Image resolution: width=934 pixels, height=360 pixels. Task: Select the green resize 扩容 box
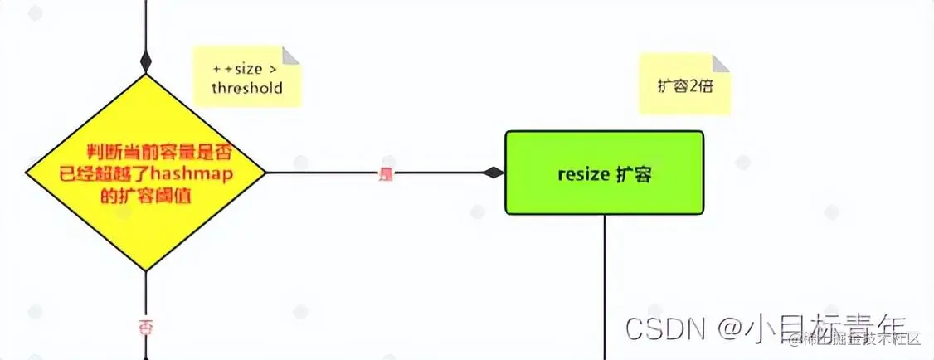[x=604, y=173]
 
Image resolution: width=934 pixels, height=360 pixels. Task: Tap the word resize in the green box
[x=582, y=174]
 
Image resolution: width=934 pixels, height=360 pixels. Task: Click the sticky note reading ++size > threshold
[x=246, y=77]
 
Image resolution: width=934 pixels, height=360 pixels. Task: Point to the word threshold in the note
[x=246, y=88]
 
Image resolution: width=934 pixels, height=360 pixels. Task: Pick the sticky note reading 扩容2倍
[x=684, y=84]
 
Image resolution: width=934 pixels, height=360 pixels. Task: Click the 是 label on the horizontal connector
[x=385, y=173]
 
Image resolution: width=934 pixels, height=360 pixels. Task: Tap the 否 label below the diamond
[x=146, y=327]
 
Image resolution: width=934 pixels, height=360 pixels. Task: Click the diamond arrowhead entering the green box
[x=494, y=173]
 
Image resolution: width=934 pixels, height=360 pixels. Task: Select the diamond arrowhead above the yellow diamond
[x=146, y=62]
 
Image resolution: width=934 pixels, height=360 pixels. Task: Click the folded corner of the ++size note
[x=290, y=56]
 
